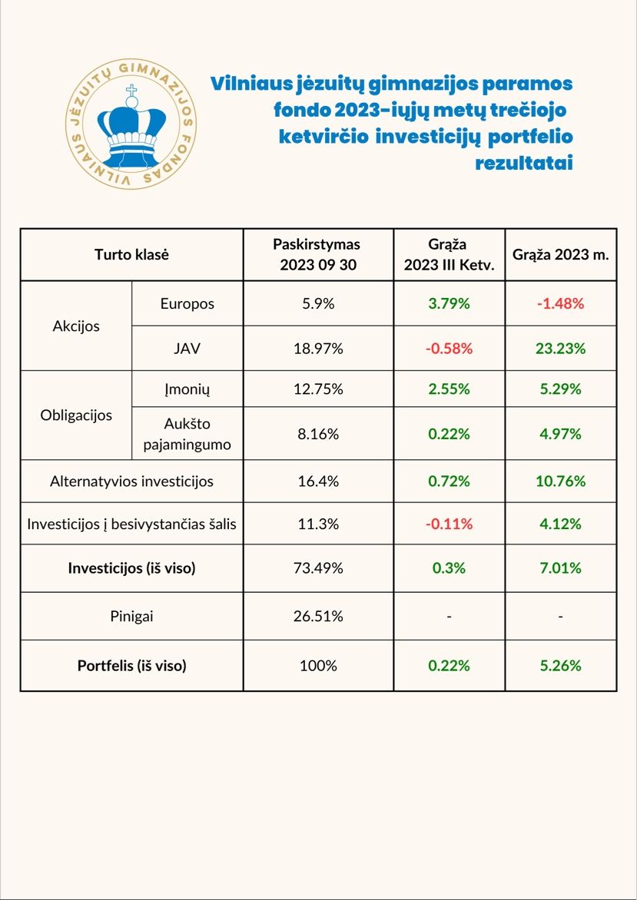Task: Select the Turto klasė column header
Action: (x=131, y=254)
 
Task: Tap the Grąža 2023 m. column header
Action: (x=561, y=254)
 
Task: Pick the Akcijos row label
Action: (x=76, y=326)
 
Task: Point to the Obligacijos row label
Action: (x=76, y=415)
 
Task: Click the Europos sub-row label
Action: (x=187, y=303)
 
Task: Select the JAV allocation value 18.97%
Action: (x=318, y=348)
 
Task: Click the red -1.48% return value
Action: (x=561, y=303)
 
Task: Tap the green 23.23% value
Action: (x=561, y=348)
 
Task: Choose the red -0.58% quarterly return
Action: (x=449, y=348)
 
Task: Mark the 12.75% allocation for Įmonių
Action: (x=318, y=389)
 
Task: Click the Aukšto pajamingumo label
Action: (x=187, y=433)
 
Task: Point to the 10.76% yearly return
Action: (x=561, y=481)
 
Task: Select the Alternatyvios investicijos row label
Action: (x=131, y=481)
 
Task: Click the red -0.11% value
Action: (x=449, y=524)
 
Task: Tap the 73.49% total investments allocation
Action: (x=318, y=568)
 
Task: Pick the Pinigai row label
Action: (x=131, y=616)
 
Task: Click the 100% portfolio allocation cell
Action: (x=318, y=666)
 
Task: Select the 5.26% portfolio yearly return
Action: (x=561, y=666)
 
